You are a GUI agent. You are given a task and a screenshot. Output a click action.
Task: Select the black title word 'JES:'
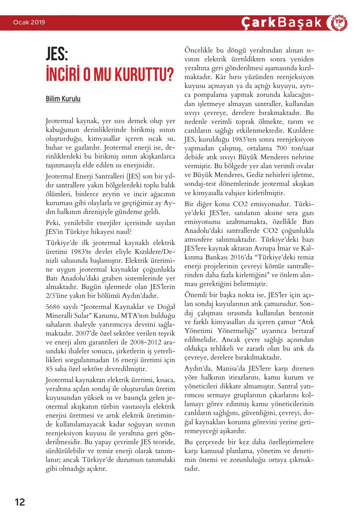point(57,57)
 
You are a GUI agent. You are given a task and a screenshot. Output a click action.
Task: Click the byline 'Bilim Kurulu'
point(63,99)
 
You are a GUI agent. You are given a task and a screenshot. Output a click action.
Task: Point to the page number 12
point(20,502)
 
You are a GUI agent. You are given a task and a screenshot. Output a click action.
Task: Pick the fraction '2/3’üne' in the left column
point(56,295)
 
